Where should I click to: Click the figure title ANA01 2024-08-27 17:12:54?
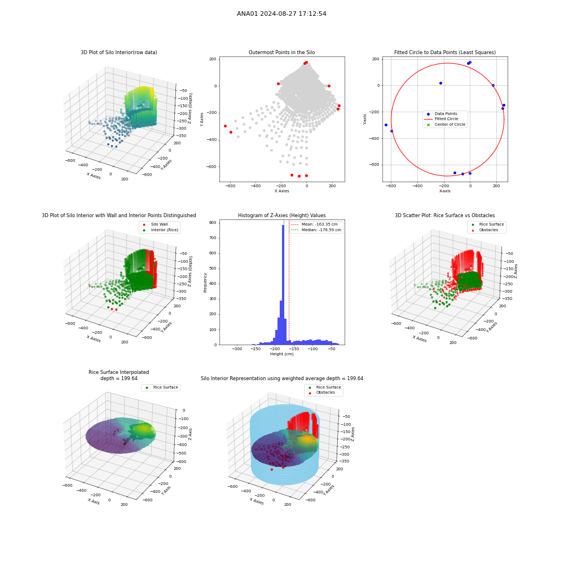click(281, 14)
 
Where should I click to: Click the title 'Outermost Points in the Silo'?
click(281, 52)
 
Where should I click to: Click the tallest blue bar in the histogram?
click(283, 284)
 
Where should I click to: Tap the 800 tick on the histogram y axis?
click(213, 223)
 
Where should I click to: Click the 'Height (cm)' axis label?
click(281, 354)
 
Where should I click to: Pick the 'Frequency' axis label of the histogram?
click(205, 283)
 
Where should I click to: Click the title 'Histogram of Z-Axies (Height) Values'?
click(281, 215)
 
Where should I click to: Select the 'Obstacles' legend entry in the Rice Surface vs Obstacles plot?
click(488, 230)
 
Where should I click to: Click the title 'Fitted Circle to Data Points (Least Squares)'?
click(445, 52)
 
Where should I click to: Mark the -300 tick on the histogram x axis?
click(237, 349)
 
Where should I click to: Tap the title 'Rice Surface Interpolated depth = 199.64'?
click(118, 375)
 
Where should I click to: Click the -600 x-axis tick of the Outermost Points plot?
click(230, 186)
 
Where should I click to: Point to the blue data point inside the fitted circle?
click(440, 83)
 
